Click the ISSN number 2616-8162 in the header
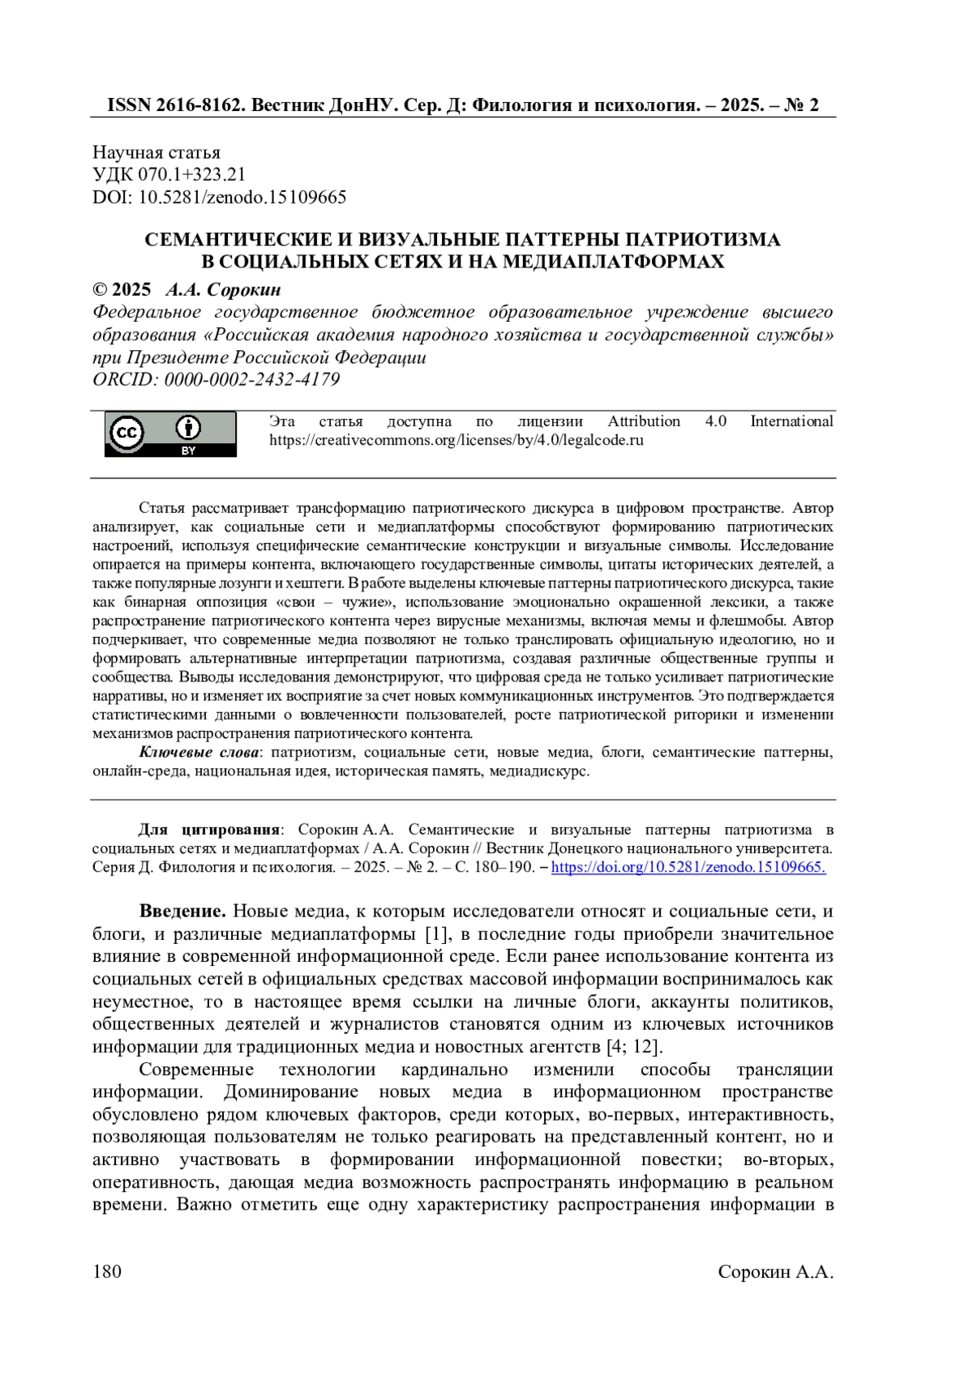(x=198, y=105)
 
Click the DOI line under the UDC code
(x=220, y=197)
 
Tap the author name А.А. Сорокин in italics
(x=223, y=289)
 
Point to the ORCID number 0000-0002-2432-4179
(x=252, y=379)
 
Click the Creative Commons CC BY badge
(x=170, y=434)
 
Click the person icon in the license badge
(x=188, y=427)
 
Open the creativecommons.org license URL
(x=456, y=441)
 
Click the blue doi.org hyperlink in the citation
(x=688, y=867)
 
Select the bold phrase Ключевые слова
(x=199, y=752)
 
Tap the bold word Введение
(x=182, y=912)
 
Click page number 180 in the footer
(x=107, y=1271)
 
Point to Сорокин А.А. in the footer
(x=775, y=1271)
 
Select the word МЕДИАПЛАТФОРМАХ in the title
(x=613, y=262)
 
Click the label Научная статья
(x=156, y=152)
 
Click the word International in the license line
(x=791, y=421)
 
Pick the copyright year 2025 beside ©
(x=131, y=289)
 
